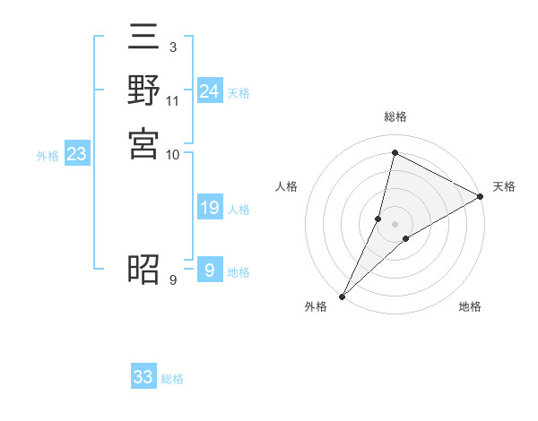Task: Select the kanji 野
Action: (143, 92)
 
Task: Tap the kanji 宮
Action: (143, 143)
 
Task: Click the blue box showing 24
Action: (209, 91)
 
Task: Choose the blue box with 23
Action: (77, 154)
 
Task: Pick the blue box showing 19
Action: (209, 209)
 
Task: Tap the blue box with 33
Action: (143, 377)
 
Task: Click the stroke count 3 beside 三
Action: (172, 47)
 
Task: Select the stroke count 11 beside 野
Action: (173, 100)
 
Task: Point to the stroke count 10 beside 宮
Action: (173, 154)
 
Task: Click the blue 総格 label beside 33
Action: (173, 379)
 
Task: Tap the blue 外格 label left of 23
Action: (48, 156)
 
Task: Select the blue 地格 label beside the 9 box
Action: (239, 272)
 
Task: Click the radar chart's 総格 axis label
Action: (395, 117)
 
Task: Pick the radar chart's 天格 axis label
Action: (505, 186)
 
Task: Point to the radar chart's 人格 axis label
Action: (287, 186)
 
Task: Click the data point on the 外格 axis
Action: (343, 295)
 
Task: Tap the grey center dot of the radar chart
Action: (395, 224)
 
